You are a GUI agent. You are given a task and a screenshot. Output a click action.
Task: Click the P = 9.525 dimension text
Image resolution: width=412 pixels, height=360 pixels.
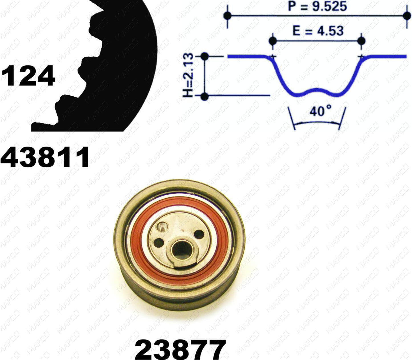[x=317, y=7]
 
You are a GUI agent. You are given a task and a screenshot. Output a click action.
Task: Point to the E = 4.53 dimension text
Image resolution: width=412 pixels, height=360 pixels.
[x=318, y=31]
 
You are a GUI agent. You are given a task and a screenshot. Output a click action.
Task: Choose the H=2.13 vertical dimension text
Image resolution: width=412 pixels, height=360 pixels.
[x=188, y=75]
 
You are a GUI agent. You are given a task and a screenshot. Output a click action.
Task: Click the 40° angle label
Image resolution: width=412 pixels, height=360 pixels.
[x=320, y=111]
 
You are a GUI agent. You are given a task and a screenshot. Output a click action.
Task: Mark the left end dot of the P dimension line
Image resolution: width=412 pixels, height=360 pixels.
[x=228, y=15]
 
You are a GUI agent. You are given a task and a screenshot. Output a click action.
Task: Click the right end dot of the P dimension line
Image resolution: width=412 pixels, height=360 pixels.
[x=407, y=15]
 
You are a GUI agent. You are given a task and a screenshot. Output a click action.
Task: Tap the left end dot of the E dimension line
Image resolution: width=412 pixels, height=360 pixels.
[x=273, y=41]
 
